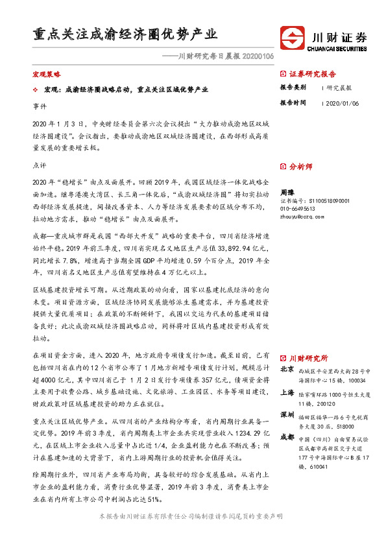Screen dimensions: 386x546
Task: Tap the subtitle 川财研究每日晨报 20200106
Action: [217, 57]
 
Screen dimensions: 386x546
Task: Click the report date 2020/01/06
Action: [341, 102]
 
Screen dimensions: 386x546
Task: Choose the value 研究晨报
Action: [339, 87]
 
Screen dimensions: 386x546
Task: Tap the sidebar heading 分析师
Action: [300, 166]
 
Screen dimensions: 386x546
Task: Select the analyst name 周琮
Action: [287, 193]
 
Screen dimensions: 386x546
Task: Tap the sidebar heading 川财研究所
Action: [308, 358]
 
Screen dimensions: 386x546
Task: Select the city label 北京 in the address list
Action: [286, 369]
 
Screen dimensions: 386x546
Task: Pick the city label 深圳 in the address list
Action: [286, 414]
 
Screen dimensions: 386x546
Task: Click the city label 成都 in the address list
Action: [286, 436]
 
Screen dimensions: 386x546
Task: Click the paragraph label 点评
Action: [39, 165]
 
